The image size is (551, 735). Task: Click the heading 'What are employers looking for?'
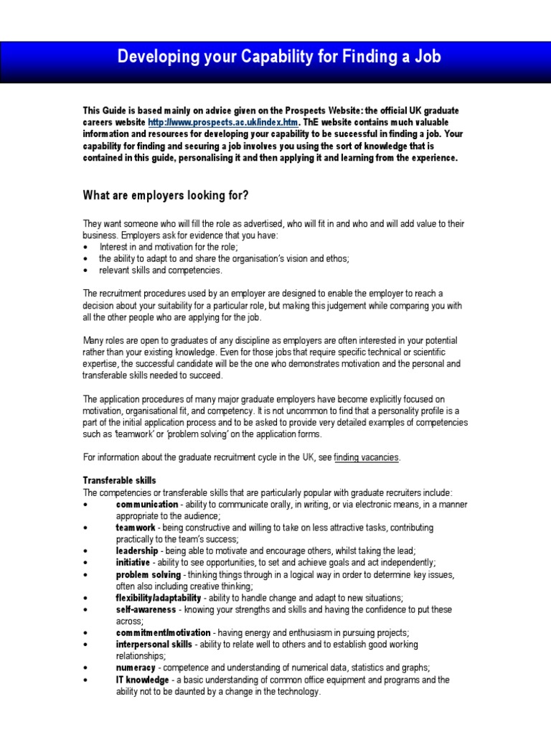tap(166, 195)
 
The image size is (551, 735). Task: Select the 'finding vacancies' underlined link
tap(366, 457)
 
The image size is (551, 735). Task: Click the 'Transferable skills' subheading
tap(119, 480)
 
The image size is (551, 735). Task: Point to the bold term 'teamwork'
tap(136, 528)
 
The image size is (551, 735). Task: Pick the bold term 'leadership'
tap(137, 551)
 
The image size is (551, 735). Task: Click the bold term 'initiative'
tap(135, 562)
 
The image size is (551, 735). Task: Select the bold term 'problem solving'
tap(149, 574)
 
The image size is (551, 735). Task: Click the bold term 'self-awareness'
tap(146, 609)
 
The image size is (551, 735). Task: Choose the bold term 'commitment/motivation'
tap(163, 632)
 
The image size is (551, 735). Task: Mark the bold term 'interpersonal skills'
tap(154, 644)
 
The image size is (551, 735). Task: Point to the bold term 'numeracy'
tap(136, 668)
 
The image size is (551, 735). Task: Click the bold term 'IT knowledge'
tap(143, 680)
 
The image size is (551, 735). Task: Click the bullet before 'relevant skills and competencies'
tap(85, 271)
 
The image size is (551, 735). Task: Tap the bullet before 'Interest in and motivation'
tap(85, 247)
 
